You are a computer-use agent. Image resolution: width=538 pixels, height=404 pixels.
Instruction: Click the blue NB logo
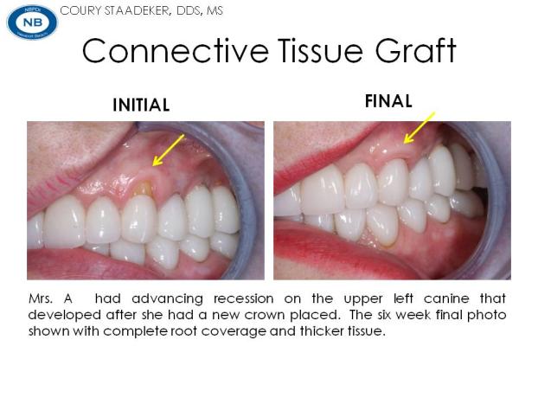[32, 22]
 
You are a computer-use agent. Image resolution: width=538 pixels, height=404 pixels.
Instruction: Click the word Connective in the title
[176, 50]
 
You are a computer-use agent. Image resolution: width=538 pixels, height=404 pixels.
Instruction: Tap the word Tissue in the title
[321, 50]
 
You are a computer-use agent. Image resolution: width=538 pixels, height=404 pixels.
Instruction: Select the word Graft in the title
[415, 50]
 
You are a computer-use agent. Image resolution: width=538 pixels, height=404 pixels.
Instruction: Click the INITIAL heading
[141, 105]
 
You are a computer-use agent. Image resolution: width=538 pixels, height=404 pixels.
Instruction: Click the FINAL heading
[388, 101]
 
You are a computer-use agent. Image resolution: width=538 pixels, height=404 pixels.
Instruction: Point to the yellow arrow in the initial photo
[168, 150]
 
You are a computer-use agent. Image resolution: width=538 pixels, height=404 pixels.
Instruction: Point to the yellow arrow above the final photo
[420, 127]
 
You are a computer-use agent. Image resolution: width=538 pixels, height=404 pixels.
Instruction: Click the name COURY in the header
[80, 10]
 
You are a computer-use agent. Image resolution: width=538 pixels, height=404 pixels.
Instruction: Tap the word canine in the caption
[446, 298]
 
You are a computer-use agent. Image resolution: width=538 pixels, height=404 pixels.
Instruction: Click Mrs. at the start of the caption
[41, 298]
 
